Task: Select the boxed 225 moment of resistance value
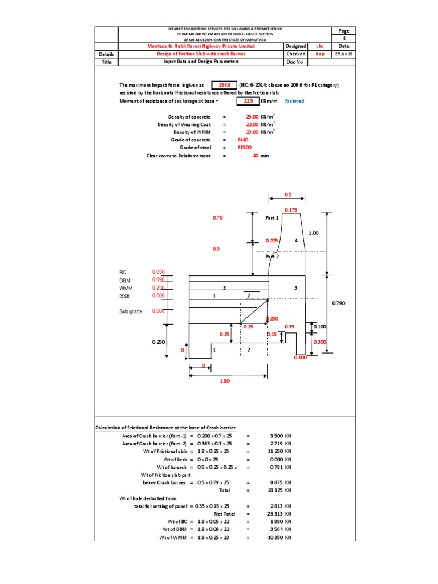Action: pyautogui.click(x=248, y=101)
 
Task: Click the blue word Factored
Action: pyautogui.click(x=294, y=101)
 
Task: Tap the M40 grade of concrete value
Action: pyautogui.click(x=244, y=140)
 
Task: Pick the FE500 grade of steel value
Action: pyautogui.click(x=245, y=147)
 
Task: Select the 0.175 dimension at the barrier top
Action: pyautogui.click(x=291, y=210)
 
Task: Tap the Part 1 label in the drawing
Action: pyautogui.click(x=272, y=218)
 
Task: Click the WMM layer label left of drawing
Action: pyautogui.click(x=126, y=288)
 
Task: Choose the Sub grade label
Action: pyautogui.click(x=131, y=311)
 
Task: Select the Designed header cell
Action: pyautogui.click(x=297, y=46)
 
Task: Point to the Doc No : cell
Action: pyautogui.click(x=297, y=62)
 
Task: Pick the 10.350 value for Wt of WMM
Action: pyautogui.click(x=279, y=537)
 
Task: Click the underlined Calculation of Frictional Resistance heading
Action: pyautogui.click(x=165, y=427)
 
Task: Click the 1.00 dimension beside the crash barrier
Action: pyautogui.click(x=314, y=233)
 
